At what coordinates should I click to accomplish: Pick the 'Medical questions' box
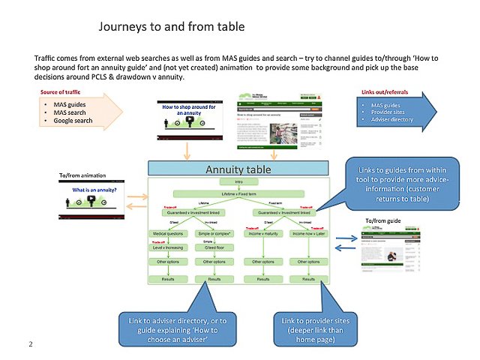pyautogui.click(x=168, y=233)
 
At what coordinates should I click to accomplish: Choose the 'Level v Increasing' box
pyautogui.click(x=168, y=247)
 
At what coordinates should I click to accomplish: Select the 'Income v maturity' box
pyautogui.click(x=263, y=233)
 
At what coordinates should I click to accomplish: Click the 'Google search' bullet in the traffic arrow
pyautogui.click(x=73, y=120)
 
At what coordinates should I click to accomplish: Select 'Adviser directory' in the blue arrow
pyautogui.click(x=392, y=120)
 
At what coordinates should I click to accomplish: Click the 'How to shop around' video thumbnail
pyautogui.click(x=189, y=115)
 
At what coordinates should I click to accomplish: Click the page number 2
pyautogui.click(x=31, y=343)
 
